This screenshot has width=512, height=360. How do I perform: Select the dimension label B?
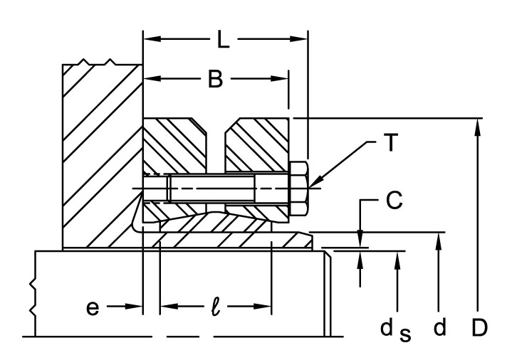tap(215, 80)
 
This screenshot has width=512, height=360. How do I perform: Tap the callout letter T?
tap(389, 145)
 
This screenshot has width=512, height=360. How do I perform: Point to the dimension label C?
tap(393, 201)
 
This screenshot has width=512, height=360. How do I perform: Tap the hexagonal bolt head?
tap(300, 188)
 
